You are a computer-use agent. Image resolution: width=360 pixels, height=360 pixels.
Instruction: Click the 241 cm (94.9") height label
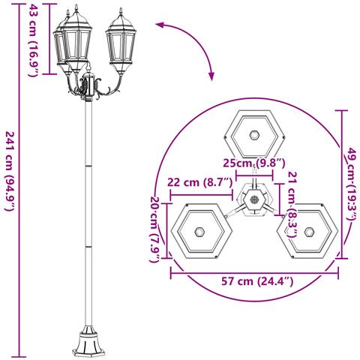(11, 172)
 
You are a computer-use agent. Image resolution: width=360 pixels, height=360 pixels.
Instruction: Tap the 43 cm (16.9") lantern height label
(33, 39)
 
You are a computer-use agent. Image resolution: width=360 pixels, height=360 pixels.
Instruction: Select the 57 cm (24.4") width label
(257, 281)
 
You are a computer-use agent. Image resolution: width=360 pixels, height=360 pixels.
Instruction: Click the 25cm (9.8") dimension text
(254, 163)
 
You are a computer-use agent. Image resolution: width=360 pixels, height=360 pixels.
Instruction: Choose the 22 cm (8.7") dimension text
(200, 182)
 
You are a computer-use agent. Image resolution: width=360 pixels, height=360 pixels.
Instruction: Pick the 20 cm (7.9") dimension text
(155, 229)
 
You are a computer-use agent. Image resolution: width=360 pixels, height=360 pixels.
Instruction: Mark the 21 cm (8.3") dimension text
(292, 205)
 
